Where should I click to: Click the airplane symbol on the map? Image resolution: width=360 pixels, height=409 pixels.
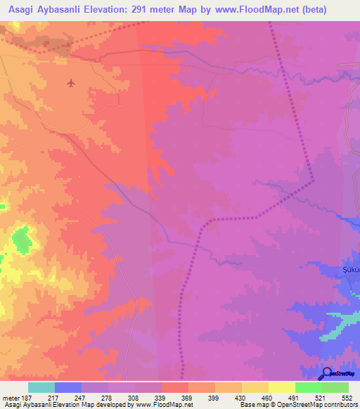tap(70, 84)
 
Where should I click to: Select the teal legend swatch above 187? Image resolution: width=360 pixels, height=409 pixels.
tap(41, 387)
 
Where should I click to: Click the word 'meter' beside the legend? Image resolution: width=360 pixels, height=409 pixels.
tap(11, 398)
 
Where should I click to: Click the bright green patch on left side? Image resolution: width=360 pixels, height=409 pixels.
tap(22, 240)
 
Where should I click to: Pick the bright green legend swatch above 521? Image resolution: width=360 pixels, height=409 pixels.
tap(308, 387)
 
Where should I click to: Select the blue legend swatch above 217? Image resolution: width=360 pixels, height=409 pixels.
tap(67, 387)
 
